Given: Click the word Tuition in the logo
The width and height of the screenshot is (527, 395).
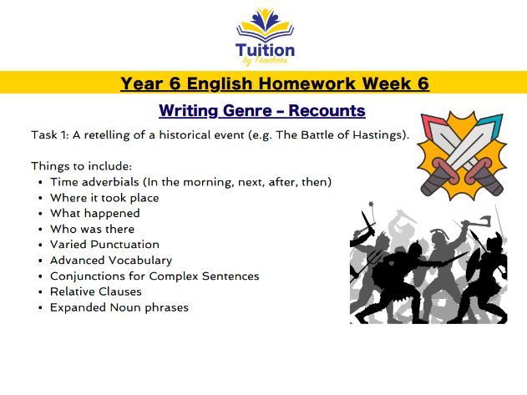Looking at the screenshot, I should coord(264,50).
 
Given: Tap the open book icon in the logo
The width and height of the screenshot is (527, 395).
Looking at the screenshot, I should coord(264,30).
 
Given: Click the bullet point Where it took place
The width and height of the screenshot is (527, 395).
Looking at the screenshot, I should coord(104,198).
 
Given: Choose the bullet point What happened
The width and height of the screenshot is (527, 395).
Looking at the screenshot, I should coord(94,213).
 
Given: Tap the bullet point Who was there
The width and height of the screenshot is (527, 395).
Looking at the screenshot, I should coord(92,229).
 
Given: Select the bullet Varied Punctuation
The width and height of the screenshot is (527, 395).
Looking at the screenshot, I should coord(104,245).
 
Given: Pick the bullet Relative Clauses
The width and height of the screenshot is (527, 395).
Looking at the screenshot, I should coord(95,291).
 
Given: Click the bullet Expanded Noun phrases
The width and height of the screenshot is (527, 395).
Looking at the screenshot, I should coord(119,307).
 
